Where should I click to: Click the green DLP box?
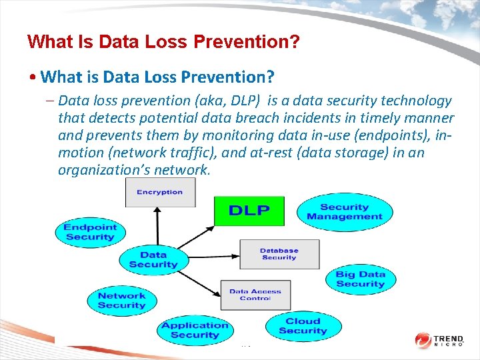[x=249, y=211]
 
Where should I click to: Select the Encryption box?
[x=159, y=192]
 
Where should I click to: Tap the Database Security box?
[x=279, y=254]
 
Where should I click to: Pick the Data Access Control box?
[x=255, y=295]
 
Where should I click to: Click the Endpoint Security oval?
[x=90, y=232]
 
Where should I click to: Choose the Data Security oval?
[x=153, y=260]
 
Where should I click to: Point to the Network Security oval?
[x=121, y=301]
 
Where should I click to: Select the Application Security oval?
[x=195, y=330]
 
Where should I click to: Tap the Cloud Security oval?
[x=303, y=326]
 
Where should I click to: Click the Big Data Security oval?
[x=360, y=279]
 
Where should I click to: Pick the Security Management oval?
[x=345, y=211]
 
